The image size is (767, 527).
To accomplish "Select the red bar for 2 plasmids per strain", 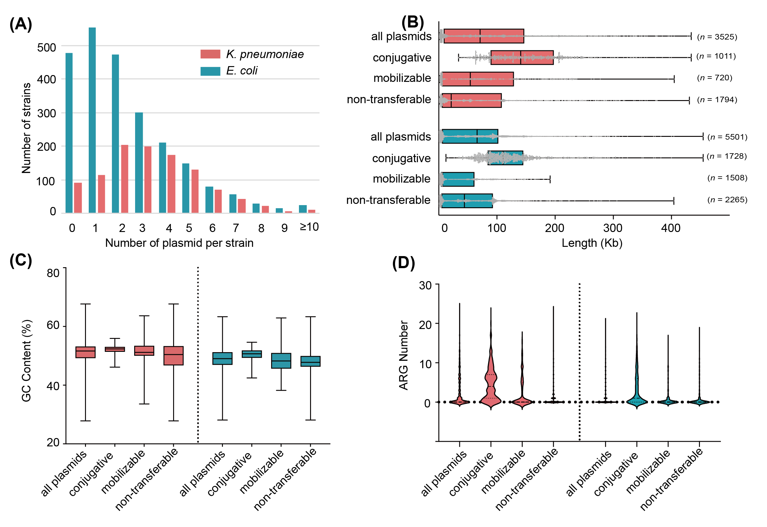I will [125, 179].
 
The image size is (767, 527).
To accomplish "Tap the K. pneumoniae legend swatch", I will [210, 54].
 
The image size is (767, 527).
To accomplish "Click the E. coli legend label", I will [241, 71].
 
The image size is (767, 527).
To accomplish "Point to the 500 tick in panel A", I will [47, 48].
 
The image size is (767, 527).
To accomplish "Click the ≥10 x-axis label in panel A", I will [309, 227].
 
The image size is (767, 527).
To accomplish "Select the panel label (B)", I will [412, 23].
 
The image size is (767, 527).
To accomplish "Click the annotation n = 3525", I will [717, 37].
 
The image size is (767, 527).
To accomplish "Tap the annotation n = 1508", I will [727, 178].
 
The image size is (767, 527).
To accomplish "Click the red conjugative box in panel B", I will [522, 57].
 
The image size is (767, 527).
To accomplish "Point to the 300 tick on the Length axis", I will [613, 228].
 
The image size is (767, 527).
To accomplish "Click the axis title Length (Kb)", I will [591, 243].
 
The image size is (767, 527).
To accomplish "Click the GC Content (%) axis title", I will [27, 360].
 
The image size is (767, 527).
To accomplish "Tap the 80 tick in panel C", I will [53, 273].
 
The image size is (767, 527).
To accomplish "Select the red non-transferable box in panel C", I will [173, 356].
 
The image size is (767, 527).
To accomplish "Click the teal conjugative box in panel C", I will [252, 354].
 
